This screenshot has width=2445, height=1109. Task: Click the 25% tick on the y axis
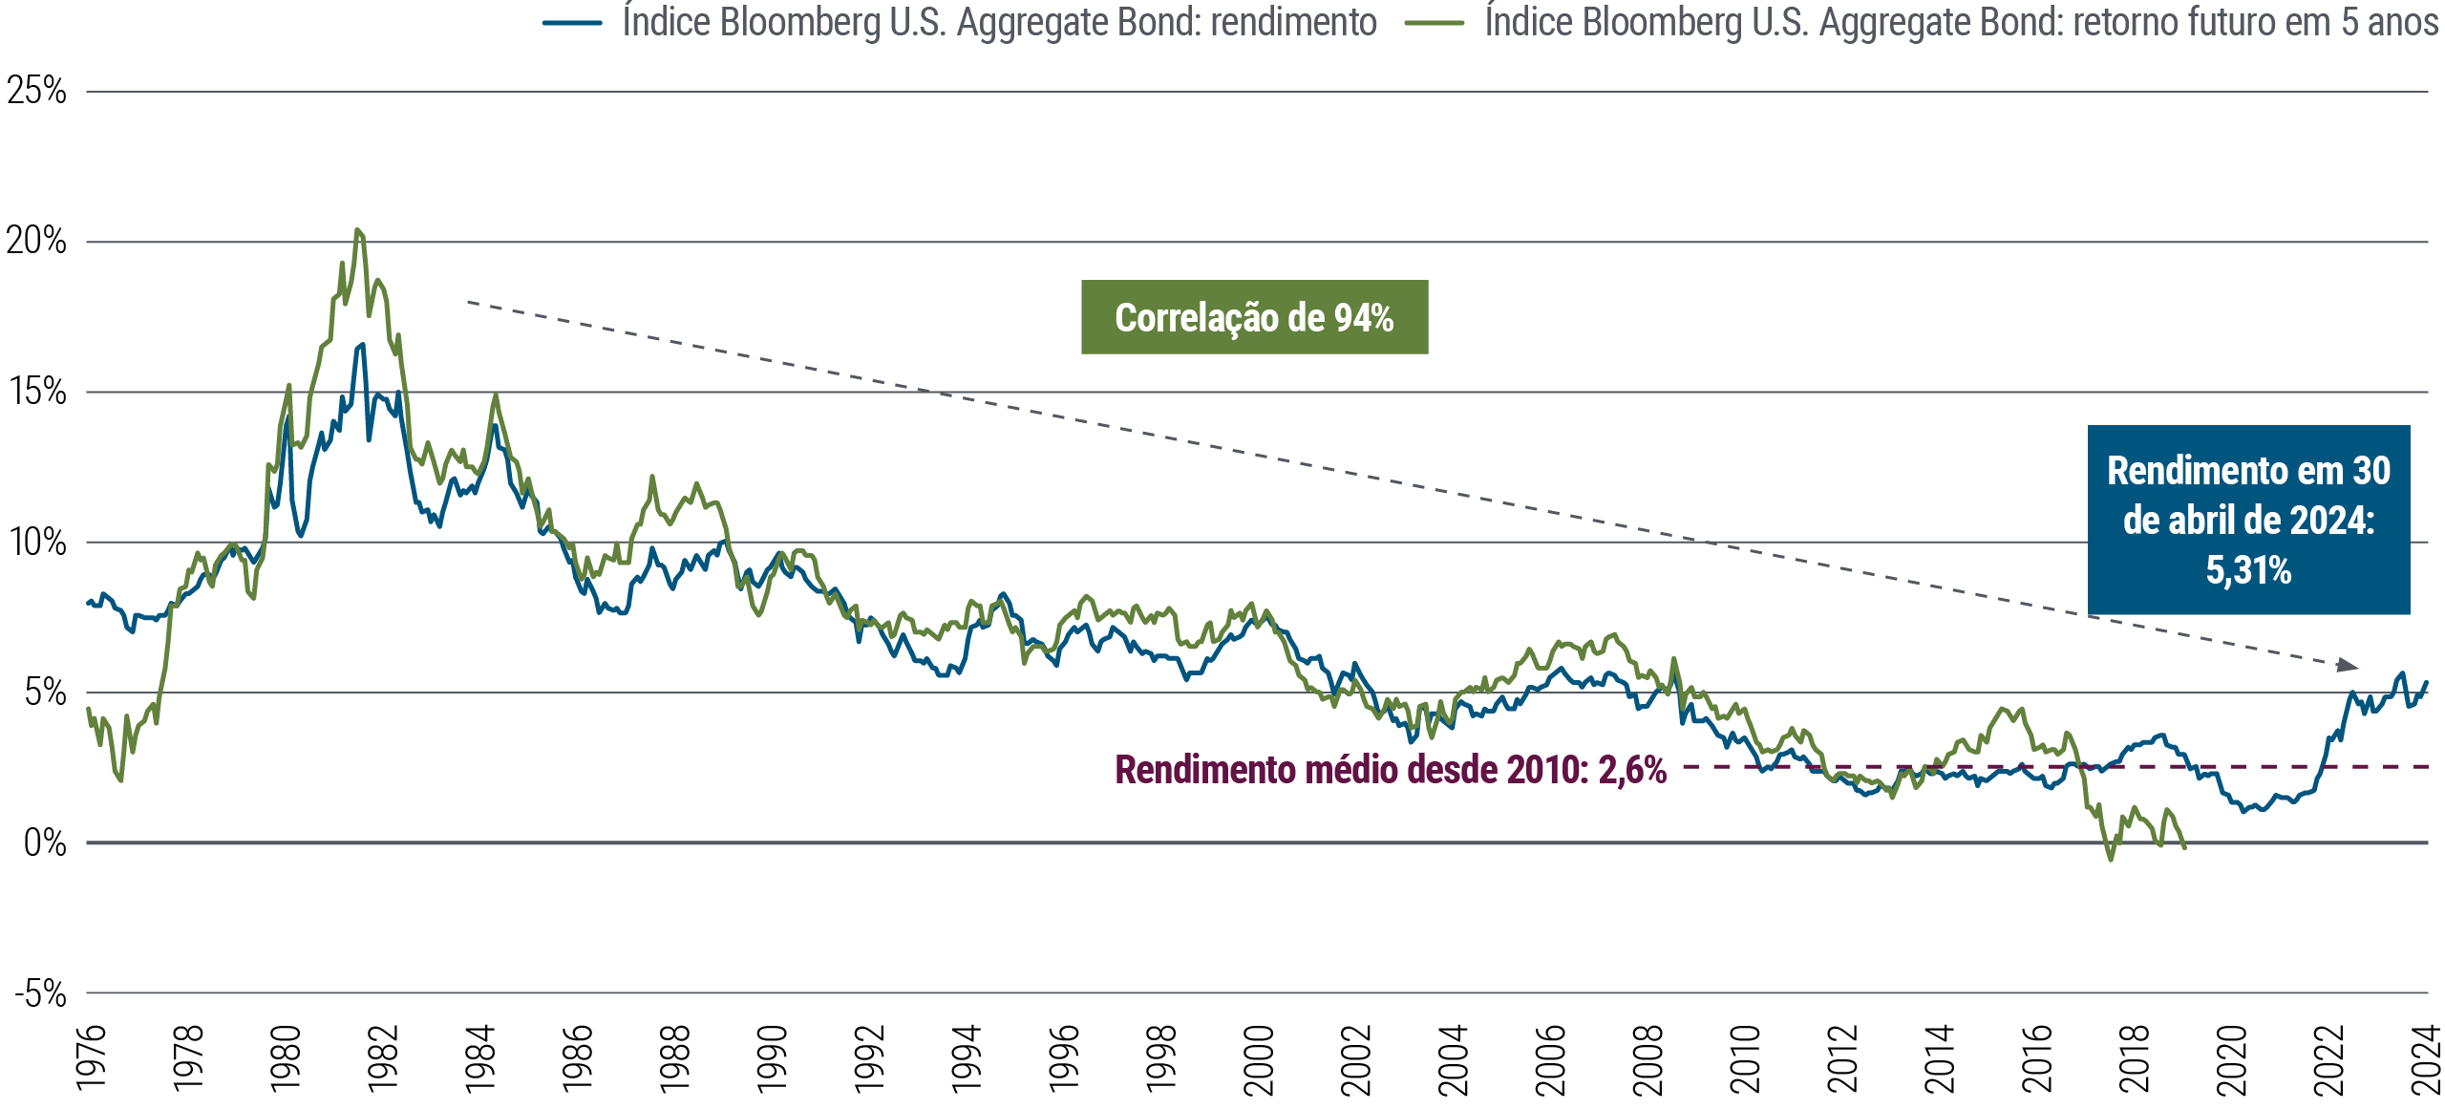[x=36, y=92]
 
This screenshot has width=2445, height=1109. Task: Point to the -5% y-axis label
[x=40, y=994]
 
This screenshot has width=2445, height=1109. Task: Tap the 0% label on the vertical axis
[x=44, y=843]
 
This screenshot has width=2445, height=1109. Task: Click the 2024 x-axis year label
[x=2427, y=1058]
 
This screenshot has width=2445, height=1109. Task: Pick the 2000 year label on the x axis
[x=1260, y=1058]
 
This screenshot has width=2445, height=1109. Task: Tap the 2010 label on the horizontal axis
[x=1746, y=1058]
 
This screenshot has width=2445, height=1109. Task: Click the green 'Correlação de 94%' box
[x=1254, y=318]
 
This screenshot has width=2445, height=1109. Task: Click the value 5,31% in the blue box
[x=2248, y=571]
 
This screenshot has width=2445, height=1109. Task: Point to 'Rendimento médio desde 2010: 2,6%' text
[x=1391, y=770]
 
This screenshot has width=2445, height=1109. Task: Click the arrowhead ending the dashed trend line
[x=2348, y=665]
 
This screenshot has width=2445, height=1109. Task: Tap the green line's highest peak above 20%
[x=358, y=230]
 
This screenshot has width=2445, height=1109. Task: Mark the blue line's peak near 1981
[x=361, y=345]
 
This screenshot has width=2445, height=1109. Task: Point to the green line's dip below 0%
[x=2110, y=859]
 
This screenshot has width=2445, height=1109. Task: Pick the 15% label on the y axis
[x=37, y=393]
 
